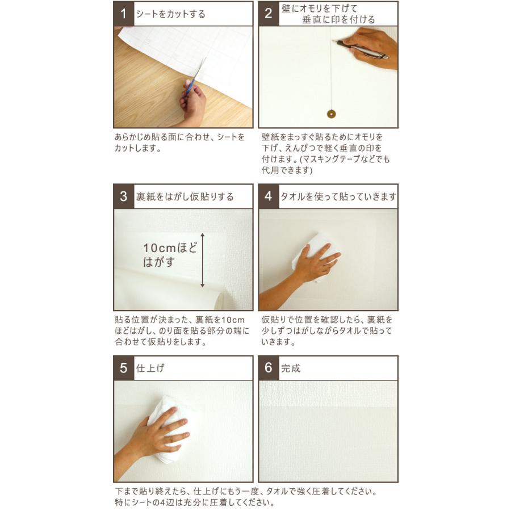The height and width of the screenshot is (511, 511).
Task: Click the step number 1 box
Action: tap(124, 14)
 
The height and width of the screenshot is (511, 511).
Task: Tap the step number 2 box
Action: tap(269, 14)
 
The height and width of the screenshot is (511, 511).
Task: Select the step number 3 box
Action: tap(124, 196)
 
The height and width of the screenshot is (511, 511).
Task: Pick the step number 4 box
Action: tap(269, 196)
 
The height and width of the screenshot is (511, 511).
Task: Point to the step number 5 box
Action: tap(124, 368)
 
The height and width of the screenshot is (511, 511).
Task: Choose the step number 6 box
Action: tap(269, 368)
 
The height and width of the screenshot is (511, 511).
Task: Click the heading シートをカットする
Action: tap(170, 14)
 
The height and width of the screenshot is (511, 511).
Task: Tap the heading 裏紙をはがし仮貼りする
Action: tap(185, 196)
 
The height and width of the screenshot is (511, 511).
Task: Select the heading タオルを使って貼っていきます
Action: tap(338, 196)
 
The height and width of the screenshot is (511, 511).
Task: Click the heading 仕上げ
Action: tap(150, 368)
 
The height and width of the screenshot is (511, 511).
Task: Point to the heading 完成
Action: tap(291, 368)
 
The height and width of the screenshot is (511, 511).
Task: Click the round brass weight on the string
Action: tap(331, 114)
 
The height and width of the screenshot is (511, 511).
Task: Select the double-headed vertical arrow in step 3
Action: tap(202, 261)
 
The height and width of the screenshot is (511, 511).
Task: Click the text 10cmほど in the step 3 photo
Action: tap(170, 248)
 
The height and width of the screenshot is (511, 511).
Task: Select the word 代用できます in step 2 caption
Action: tap(287, 170)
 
